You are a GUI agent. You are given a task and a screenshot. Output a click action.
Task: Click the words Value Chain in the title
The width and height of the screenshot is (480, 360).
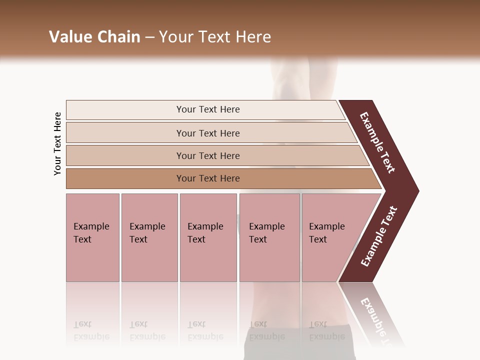click(94, 37)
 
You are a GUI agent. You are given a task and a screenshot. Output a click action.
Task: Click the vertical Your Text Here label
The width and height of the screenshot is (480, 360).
click(57, 143)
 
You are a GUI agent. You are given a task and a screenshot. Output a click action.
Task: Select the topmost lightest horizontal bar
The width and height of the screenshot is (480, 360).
click(125, 110)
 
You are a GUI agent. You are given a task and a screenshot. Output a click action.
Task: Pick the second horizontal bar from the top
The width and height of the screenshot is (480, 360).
click(125, 133)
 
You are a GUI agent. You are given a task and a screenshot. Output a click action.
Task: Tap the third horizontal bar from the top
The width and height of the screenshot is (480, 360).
click(125, 155)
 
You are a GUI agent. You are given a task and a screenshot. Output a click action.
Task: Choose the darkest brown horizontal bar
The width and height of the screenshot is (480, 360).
click(125, 178)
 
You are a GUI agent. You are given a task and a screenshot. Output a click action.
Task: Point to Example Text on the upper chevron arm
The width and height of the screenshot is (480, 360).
click(378, 142)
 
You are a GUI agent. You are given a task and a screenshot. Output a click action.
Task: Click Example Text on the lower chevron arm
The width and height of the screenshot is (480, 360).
click(379, 236)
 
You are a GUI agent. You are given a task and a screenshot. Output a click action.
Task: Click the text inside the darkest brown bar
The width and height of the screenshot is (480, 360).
click(208, 178)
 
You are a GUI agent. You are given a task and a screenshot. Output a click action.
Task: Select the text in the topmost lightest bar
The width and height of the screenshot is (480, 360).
click(208, 109)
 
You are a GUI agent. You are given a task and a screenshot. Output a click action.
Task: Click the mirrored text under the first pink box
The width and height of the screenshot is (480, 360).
click(91, 330)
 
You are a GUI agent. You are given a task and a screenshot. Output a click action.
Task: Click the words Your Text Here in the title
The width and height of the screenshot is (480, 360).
click(215, 37)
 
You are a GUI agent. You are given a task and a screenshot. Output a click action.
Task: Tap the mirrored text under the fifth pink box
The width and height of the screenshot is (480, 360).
click(326, 330)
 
